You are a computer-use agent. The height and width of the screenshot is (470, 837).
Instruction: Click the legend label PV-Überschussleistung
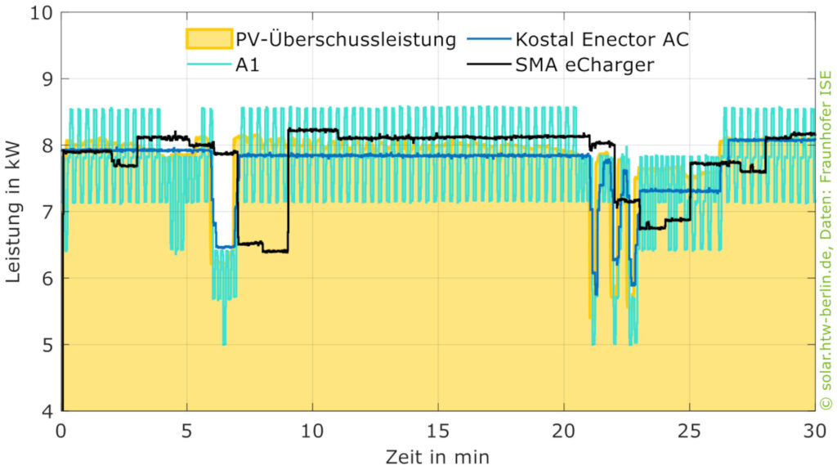pyautogui.click(x=345, y=39)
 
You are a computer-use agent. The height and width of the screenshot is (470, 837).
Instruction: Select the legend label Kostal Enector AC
pyautogui.click(x=602, y=39)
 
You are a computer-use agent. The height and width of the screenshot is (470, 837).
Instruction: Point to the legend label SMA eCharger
pyautogui.click(x=584, y=65)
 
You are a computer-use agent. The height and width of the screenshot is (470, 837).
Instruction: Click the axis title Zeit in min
pyautogui.click(x=439, y=454)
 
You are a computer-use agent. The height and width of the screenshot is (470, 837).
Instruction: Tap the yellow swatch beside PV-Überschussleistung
pyautogui.click(x=208, y=39)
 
